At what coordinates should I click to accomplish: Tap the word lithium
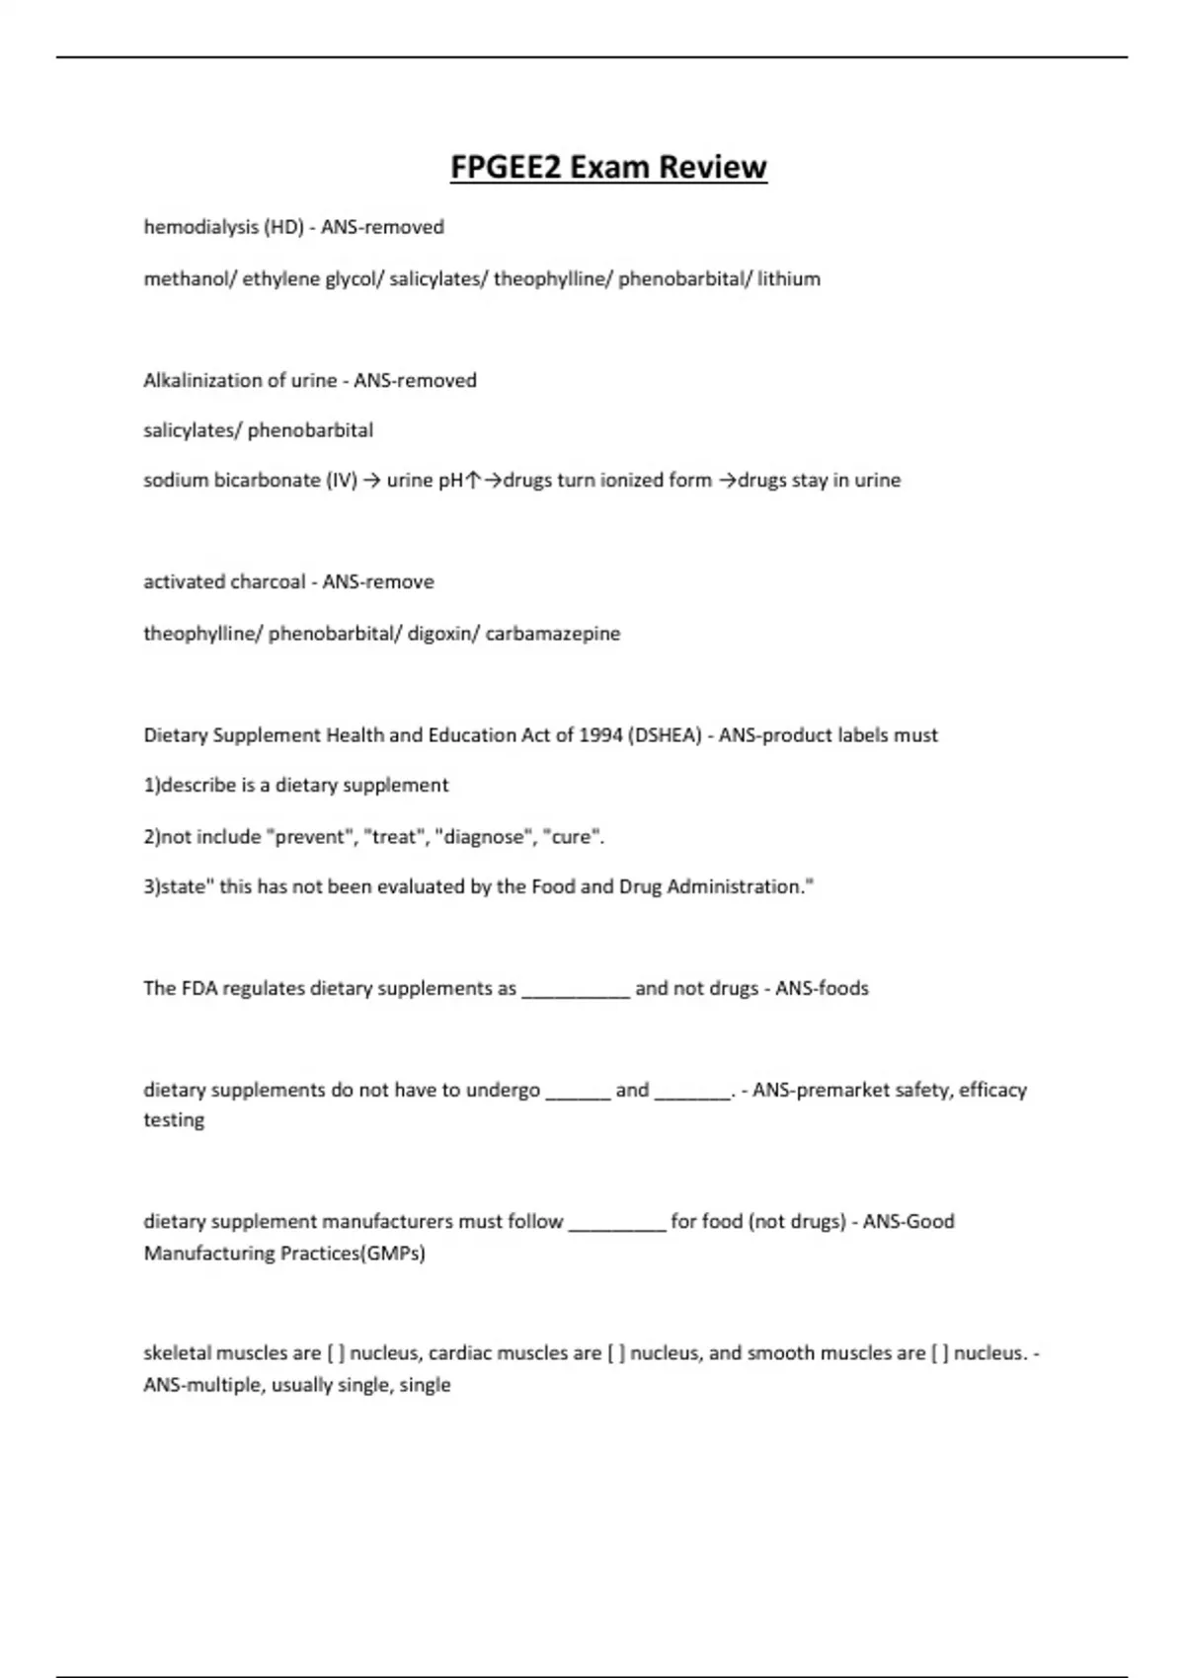coord(789,278)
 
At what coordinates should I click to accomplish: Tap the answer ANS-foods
coord(822,988)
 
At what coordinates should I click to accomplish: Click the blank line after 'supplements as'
coord(575,991)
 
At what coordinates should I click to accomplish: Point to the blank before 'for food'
coord(617,1224)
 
